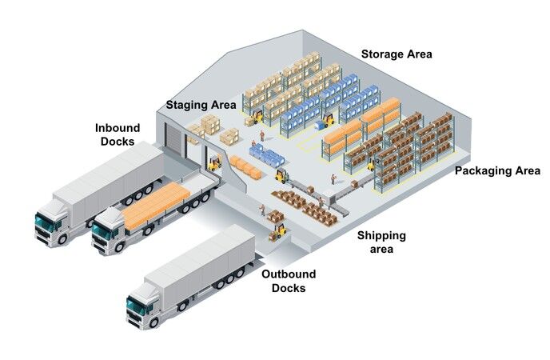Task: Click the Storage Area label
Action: [x=397, y=54]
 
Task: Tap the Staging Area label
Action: [x=201, y=105]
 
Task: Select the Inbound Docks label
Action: [x=118, y=134]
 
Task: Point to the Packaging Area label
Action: [x=497, y=170]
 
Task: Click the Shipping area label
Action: [x=381, y=242]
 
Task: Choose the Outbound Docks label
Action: [x=289, y=281]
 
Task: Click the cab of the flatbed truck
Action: [x=109, y=231]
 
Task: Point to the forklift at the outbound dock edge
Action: [x=277, y=231]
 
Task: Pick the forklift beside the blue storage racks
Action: [x=326, y=122]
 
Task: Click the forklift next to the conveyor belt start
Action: [x=281, y=175]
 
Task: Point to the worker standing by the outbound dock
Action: [x=261, y=212]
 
